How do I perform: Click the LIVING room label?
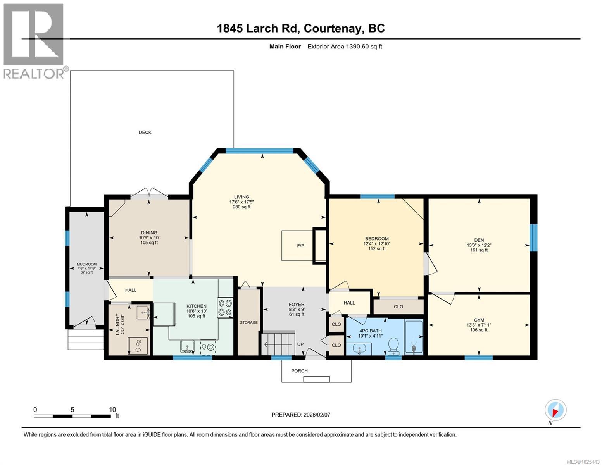coord(241,197)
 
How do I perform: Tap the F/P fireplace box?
coord(300,246)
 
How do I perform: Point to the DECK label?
coord(145,133)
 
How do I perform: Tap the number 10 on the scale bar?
coord(112,410)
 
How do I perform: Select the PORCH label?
coord(299,371)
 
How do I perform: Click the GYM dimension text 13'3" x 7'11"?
coord(479,325)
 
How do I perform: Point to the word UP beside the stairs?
coord(300,344)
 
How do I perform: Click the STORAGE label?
coord(248,322)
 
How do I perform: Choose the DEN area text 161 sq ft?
coord(479,250)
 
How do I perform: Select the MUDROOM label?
coord(86,265)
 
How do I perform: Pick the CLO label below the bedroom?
coord(398,307)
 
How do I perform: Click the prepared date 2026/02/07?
coord(317,415)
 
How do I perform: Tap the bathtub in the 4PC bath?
coord(414,337)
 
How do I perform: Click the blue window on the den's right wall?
coord(533,238)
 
